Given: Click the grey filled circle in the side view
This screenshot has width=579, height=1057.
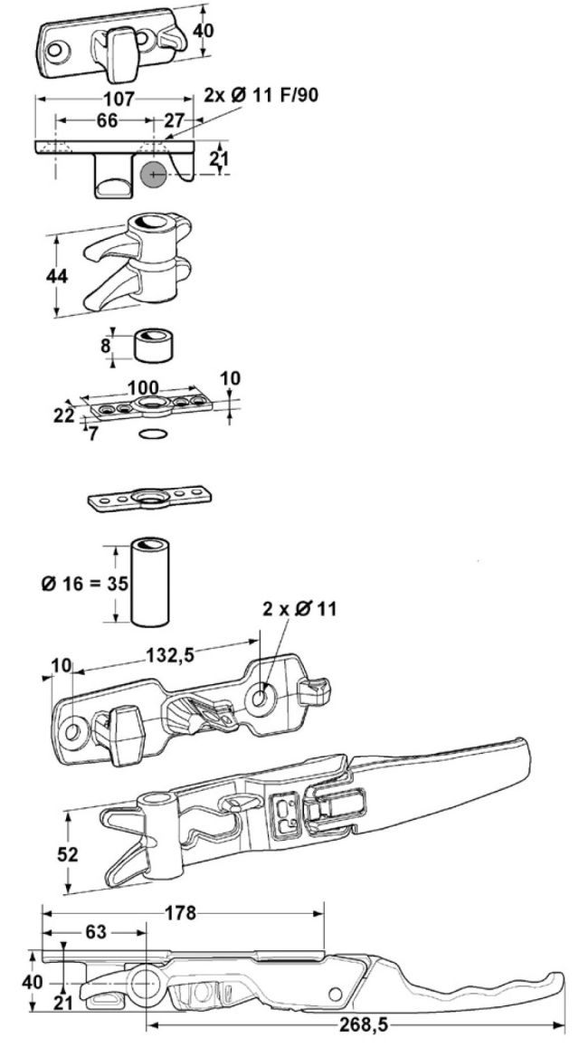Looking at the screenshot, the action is (x=154, y=175).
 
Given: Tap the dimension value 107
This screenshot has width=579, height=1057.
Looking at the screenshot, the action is (x=120, y=99).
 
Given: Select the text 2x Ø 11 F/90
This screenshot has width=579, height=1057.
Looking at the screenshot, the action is (x=261, y=94).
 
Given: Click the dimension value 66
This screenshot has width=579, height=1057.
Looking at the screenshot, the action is (x=107, y=120).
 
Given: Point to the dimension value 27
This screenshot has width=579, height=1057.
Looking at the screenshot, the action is (x=174, y=120).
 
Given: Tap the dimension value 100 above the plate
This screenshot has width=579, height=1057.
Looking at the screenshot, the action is (x=143, y=388).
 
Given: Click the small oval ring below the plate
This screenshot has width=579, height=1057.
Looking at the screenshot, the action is (x=153, y=433).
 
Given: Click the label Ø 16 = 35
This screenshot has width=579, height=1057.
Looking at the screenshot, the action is (x=85, y=583).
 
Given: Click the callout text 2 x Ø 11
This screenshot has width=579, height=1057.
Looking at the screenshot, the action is (x=299, y=609).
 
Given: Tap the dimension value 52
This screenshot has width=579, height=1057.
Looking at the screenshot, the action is (x=68, y=855).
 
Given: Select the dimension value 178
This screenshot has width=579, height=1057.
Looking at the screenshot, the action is (x=181, y=913).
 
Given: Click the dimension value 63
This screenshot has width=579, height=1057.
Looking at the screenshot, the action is (x=96, y=932).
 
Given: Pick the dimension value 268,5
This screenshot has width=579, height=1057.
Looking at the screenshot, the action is (x=365, y=1025).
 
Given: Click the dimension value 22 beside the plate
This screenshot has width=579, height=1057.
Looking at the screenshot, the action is (x=65, y=416).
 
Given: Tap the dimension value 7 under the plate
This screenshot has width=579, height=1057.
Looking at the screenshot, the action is (x=93, y=433).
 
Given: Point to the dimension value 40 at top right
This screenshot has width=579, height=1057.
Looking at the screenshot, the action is (x=204, y=31).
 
